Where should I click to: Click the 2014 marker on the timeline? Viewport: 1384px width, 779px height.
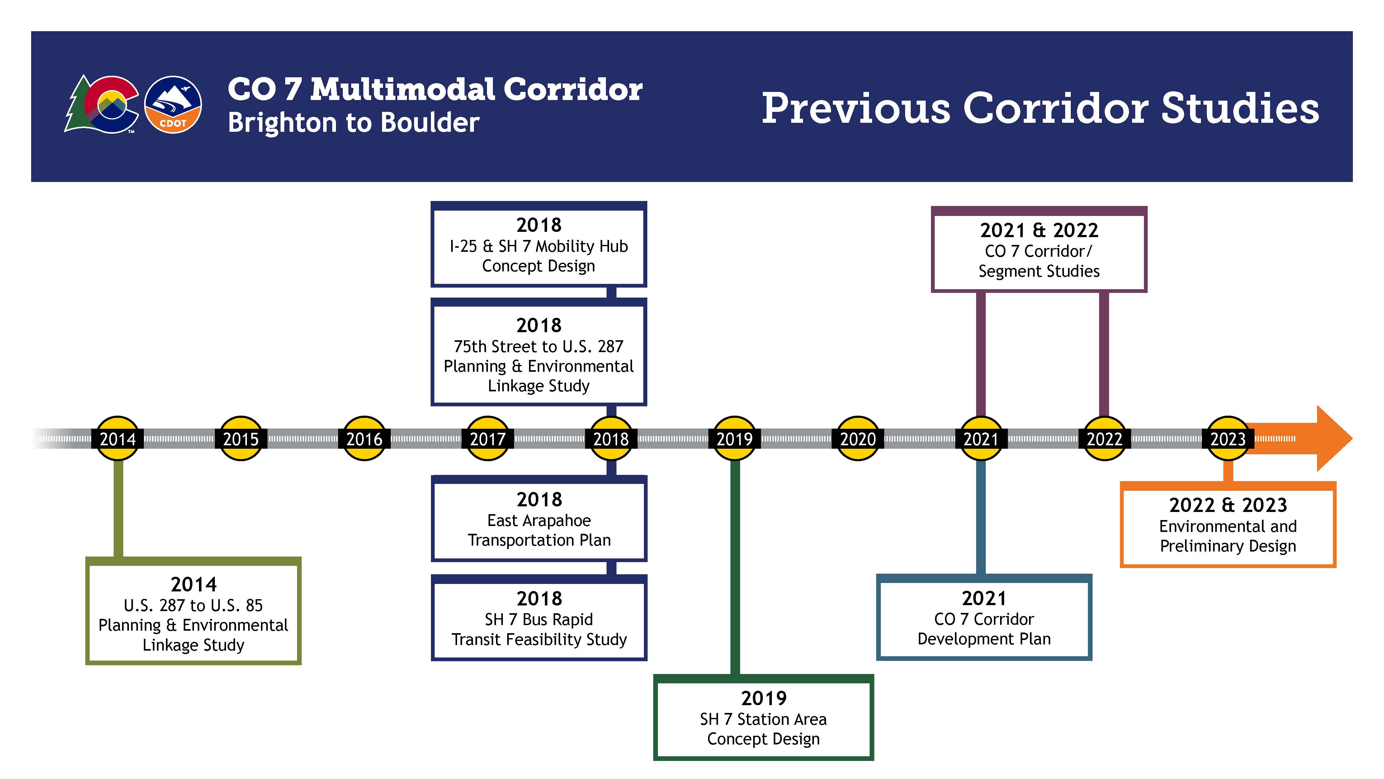click(118, 439)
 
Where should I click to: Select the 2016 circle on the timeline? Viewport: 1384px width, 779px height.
click(364, 439)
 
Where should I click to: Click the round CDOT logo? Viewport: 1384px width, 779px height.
click(173, 104)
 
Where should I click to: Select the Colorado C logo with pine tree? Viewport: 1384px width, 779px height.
click(102, 104)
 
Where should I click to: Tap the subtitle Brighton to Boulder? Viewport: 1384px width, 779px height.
click(353, 122)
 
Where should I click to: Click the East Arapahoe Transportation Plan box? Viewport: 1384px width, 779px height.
click(539, 519)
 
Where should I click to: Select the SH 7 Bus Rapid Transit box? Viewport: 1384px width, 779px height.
click(539, 618)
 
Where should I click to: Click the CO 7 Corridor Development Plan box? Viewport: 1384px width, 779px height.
click(984, 618)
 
